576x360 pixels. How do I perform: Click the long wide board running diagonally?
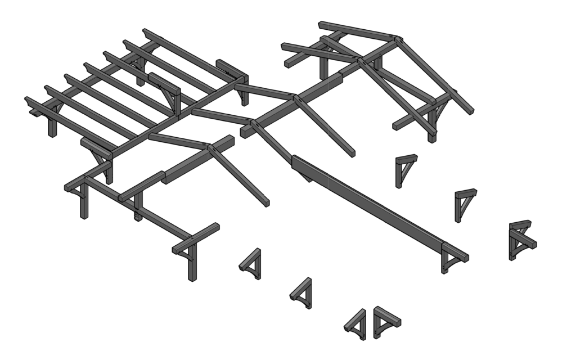(x=371, y=202)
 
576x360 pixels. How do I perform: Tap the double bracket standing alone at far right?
(x=521, y=240)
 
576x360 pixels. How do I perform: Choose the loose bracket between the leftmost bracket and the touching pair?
(x=302, y=292)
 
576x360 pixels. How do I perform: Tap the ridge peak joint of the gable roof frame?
(x=397, y=39)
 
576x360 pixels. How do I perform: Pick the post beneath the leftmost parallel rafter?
(x=52, y=128)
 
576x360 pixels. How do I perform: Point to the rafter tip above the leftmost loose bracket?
(x=265, y=202)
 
